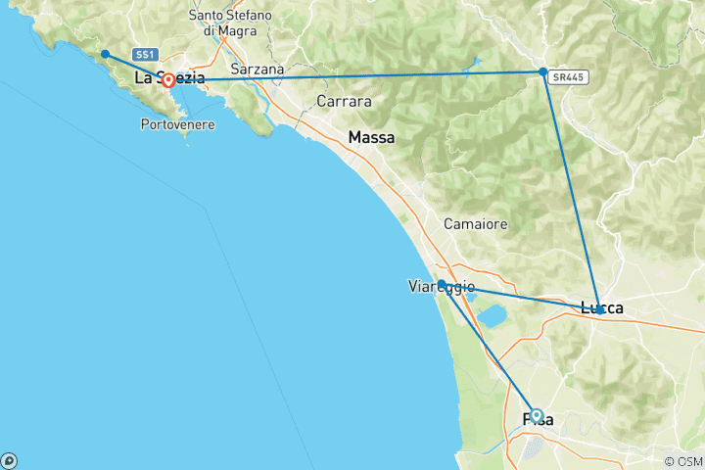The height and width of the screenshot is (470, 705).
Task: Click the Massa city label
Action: (371, 138)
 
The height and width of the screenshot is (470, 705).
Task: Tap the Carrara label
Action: (344, 101)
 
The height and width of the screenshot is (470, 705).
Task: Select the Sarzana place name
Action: (258, 70)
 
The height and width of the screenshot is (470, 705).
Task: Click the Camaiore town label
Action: (476, 224)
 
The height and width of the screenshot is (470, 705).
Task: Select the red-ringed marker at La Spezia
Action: (168, 80)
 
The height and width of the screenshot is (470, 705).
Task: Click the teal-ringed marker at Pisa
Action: (536, 415)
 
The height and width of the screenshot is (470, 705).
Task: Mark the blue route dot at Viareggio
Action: (442, 284)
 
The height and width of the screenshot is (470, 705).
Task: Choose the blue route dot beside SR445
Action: (542, 71)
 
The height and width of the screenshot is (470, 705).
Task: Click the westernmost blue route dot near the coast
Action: (105, 54)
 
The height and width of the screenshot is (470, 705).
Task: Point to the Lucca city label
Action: (602, 308)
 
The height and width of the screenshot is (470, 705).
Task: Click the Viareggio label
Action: (441, 287)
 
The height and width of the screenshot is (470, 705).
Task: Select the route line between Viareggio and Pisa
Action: (489, 350)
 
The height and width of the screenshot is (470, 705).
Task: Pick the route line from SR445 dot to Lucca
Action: (571, 190)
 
